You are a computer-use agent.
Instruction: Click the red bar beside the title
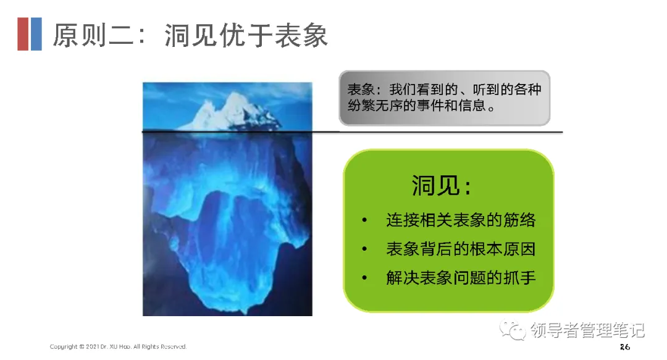click(23, 34)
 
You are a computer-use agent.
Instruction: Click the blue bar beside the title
click(36, 34)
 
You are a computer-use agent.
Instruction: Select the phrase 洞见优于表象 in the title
click(246, 35)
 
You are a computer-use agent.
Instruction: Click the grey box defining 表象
click(445, 98)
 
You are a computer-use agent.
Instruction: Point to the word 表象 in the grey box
click(361, 90)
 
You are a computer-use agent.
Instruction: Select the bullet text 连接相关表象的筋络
click(461, 220)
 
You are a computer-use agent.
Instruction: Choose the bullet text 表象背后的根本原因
click(461, 249)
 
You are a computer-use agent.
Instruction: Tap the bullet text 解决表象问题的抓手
click(461, 278)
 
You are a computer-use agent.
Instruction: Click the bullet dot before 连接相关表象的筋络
click(364, 220)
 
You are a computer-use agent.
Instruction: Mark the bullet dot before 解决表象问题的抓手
click(364, 278)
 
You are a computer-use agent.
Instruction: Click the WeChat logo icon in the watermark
click(513, 330)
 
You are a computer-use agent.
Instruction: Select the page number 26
click(624, 347)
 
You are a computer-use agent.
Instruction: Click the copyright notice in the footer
click(118, 347)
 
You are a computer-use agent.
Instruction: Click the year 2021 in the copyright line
click(92, 347)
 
